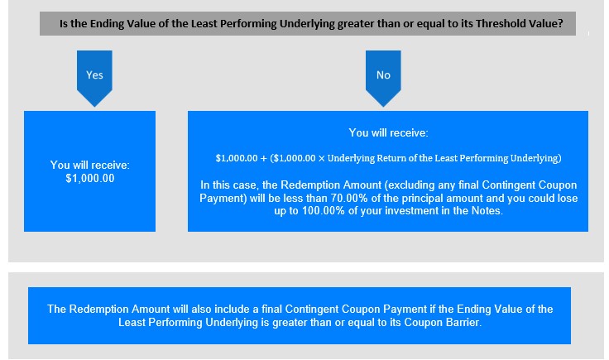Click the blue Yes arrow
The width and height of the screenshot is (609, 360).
pos(94,78)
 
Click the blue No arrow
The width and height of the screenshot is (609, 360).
pos(383,78)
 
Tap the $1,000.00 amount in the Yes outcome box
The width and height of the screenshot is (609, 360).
pos(90,179)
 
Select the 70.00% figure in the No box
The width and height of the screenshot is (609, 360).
pos(349,198)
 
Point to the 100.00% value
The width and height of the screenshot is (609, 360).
pos(324,211)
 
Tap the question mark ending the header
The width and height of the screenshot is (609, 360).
pos(560,24)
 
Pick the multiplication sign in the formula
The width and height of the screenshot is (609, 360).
pos(322,158)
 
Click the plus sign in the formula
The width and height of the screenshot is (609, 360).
pos(264,158)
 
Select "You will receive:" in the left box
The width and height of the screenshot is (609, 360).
pos(90,165)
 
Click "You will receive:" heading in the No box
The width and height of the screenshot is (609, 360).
pos(388,132)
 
